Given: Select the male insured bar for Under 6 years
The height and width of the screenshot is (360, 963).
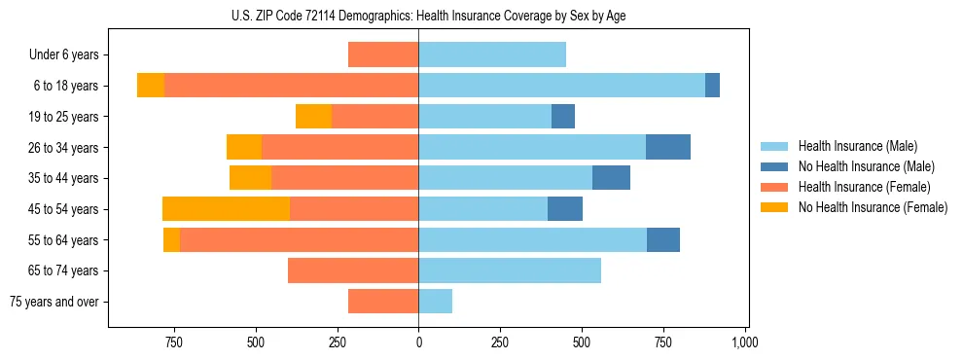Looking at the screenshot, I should pos(492,55).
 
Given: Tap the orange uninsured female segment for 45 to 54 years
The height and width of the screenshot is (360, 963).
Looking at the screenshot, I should pos(226,209).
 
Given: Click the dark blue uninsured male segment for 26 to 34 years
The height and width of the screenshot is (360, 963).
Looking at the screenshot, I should pos(668,147).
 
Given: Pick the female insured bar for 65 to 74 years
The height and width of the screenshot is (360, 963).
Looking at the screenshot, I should pos(353,270).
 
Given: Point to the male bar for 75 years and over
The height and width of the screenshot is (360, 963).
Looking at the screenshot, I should pos(436,302).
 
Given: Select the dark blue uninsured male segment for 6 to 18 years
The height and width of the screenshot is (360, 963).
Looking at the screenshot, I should pos(712,86).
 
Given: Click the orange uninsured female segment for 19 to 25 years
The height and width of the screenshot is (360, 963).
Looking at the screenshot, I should pos(313,117).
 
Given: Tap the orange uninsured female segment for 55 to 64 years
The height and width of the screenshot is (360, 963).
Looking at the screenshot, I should pos(171,240).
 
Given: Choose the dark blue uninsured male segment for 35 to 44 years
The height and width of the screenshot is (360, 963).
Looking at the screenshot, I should pos(611,178).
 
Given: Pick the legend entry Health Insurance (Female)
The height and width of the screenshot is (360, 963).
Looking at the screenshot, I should pos(865,187).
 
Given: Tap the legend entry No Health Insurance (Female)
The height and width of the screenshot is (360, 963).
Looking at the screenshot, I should pos(873,207).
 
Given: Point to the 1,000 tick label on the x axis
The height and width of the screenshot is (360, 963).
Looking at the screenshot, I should pos(745,342).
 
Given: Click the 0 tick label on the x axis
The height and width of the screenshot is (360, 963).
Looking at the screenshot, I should pos(418,342).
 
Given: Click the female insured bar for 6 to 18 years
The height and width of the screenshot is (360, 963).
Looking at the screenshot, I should pos(291,86).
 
